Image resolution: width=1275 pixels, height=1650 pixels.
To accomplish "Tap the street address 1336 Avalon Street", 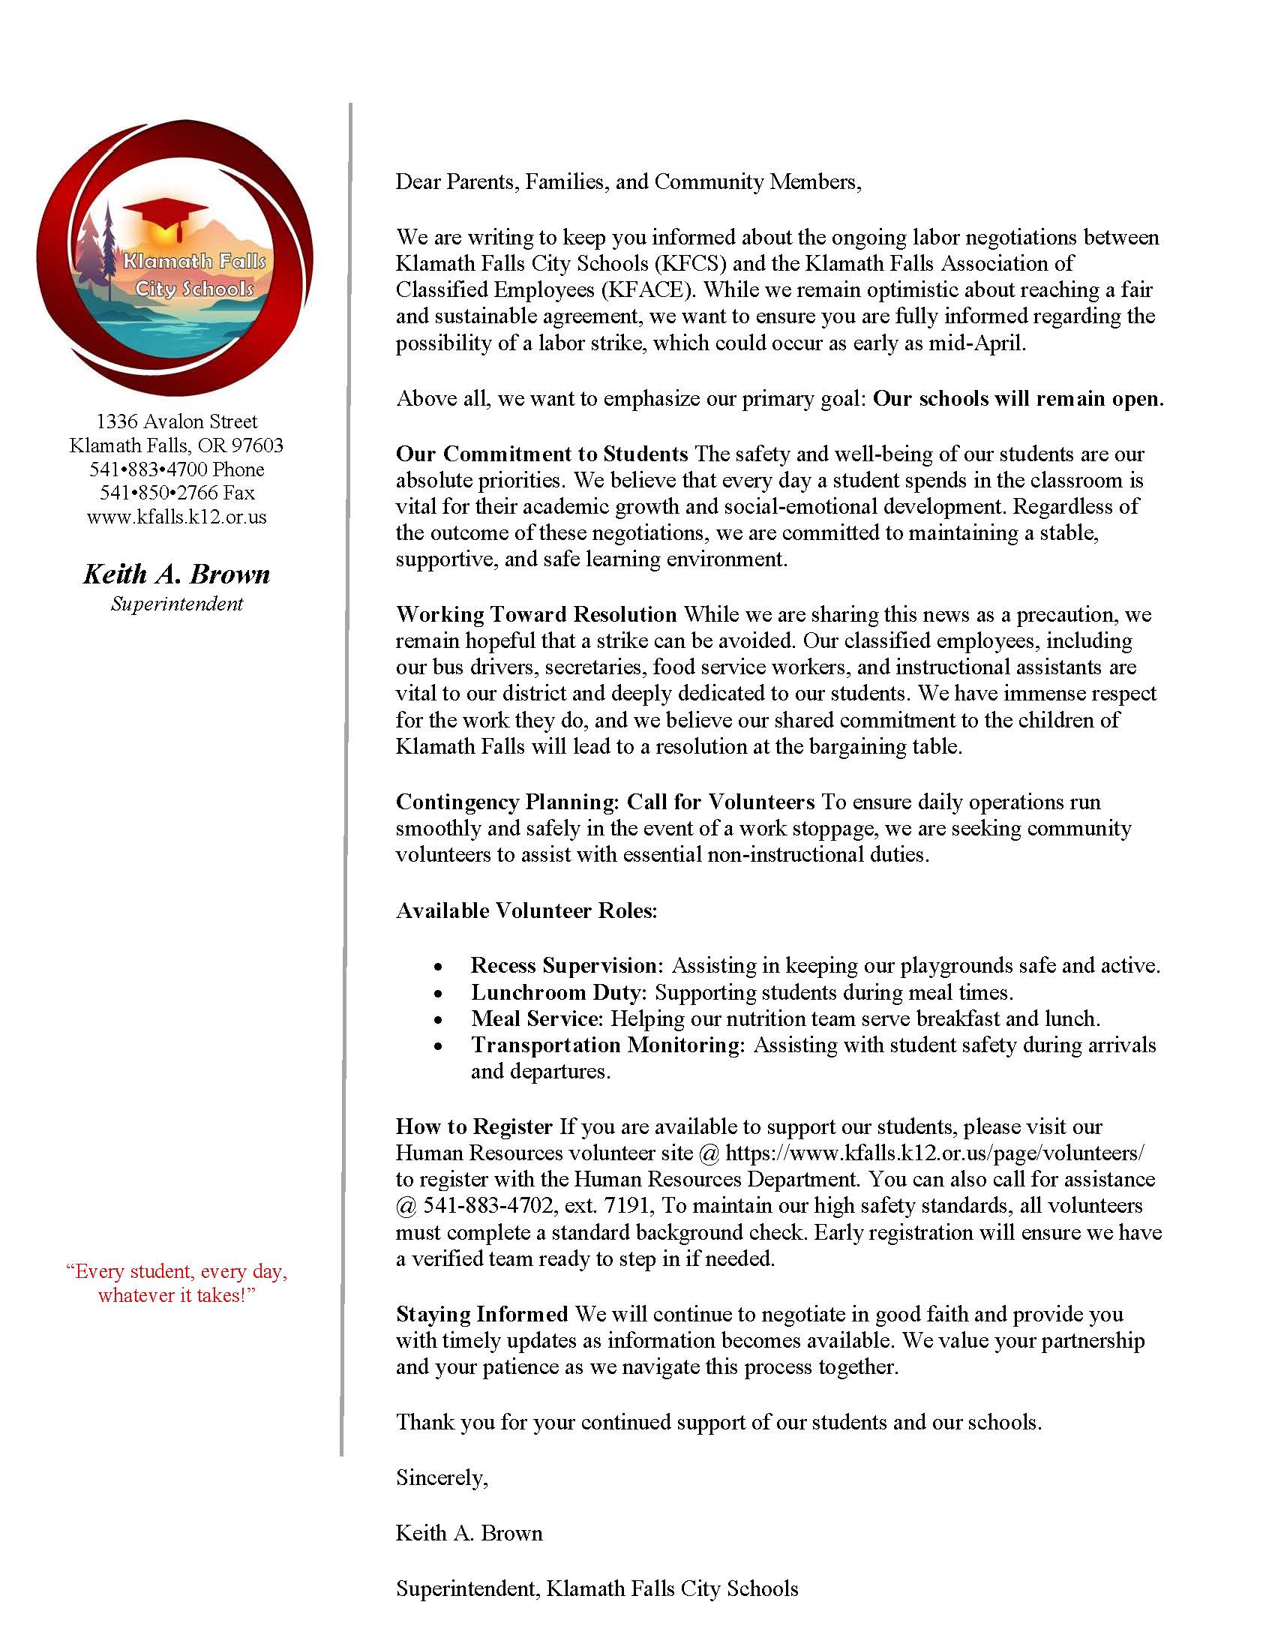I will (177, 421).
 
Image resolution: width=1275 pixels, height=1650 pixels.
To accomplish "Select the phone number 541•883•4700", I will (148, 469).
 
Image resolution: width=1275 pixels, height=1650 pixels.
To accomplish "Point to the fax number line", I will (177, 493).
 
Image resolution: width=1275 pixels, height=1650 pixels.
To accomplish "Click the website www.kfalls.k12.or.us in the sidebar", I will (177, 517).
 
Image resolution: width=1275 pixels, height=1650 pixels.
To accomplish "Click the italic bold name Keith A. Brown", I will (177, 574).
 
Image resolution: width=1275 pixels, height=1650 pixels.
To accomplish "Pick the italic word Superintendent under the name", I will (177, 604).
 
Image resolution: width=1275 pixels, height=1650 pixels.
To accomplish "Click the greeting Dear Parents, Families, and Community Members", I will (628, 182).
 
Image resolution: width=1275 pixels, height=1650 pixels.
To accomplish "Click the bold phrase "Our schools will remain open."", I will (1018, 398).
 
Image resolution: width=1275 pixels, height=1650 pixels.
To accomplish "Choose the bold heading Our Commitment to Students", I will (541, 454).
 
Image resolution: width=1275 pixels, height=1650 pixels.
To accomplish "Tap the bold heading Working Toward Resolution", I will (536, 614).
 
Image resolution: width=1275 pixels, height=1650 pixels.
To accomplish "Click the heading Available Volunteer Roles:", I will (526, 910).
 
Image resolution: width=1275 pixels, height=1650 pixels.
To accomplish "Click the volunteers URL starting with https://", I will (934, 1153).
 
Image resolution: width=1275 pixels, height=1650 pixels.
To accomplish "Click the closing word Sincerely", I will (442, 1477).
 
